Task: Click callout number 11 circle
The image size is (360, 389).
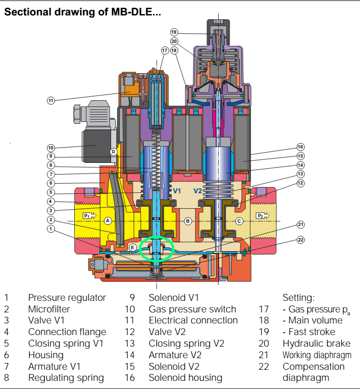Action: [x=51, y=100]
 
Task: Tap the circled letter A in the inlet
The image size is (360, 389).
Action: [x=108, y=221]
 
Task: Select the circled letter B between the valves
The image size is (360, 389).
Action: [x=188, y=221]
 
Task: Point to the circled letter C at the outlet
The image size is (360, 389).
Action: [x=239, y=221]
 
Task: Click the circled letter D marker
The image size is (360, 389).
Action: [x=113, y=152]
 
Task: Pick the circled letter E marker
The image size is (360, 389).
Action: [x=132, y=247]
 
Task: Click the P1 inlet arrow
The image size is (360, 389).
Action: [x=89, y=215]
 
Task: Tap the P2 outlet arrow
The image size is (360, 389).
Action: [x=263, y=215]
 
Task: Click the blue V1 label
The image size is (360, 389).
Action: [x=177, y=191]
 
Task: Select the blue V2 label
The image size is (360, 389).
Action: [x=198, y=191]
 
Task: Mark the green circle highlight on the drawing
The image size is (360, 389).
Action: [x=156, y=249]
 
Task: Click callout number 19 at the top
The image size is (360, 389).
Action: [x=174, y=32]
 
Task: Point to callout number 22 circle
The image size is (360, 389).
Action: [x=301, y=240]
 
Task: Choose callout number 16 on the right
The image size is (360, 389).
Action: [x=300, y=147]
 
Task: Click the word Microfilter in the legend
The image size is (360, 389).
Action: [x=49, y=309]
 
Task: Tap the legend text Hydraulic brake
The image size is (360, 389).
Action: [x=317, y=343]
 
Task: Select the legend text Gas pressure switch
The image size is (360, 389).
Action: [x=192, y=309]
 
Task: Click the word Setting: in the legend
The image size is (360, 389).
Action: [x=299, y=298]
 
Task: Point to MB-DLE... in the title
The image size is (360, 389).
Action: [x=136, y=12]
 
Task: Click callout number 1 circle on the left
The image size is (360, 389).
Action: [x=51, y=229]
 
